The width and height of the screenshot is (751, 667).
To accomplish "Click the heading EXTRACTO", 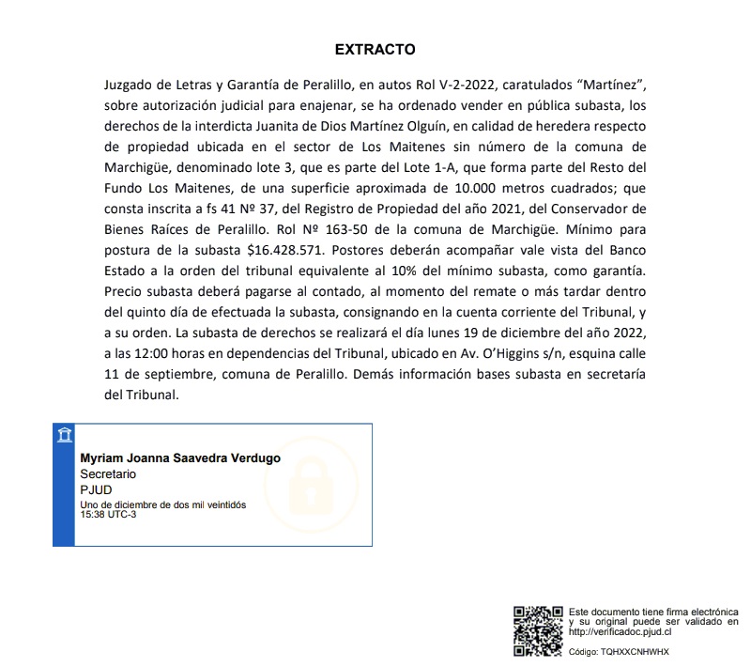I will (x=375, y=49).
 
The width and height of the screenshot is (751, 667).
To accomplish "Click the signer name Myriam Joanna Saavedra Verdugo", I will (x=180, y=458).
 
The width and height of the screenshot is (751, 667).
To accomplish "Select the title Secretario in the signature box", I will (x=108, y=474).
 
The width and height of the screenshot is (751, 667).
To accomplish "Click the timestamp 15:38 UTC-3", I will (x=108, y=514).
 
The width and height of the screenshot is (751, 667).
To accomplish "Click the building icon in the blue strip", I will (x=63, y=435).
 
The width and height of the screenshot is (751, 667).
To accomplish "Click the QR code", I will (x=538, y=631).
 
